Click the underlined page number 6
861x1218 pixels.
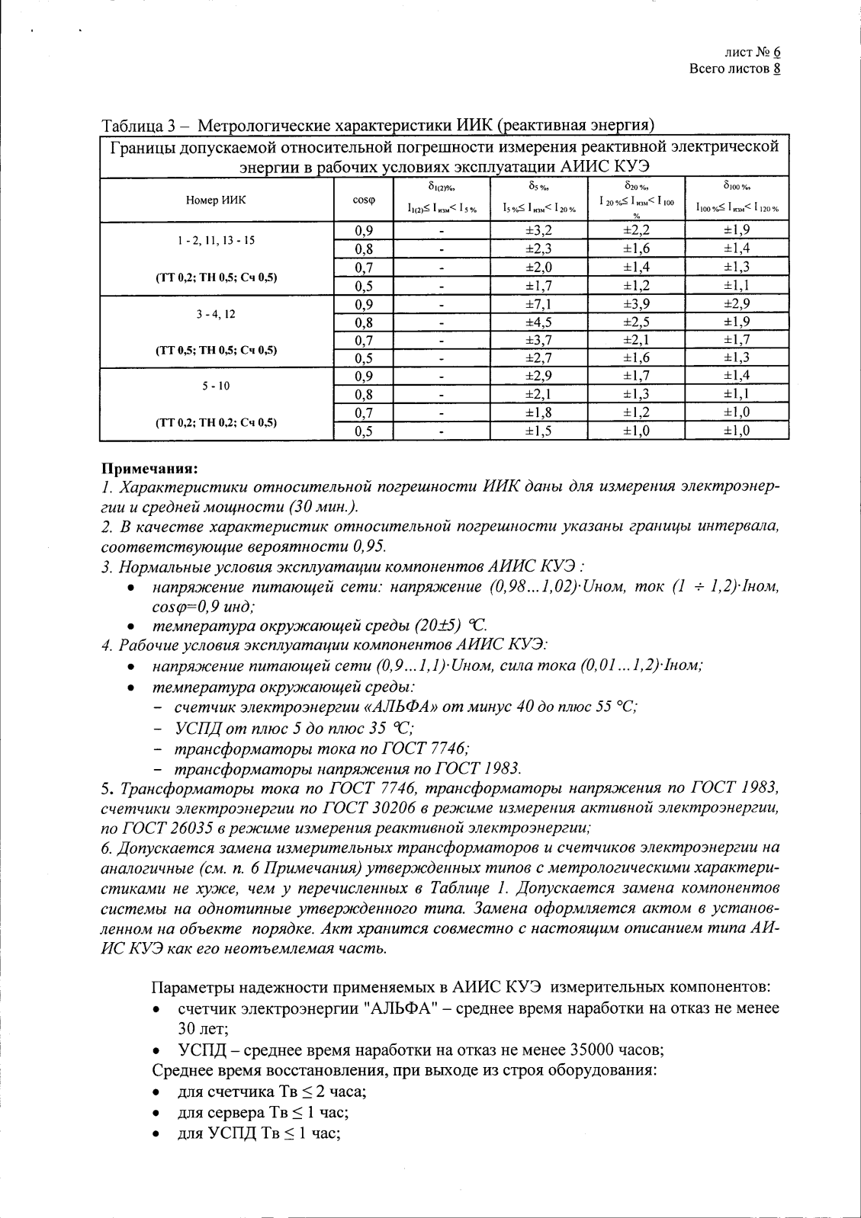pos(776,53)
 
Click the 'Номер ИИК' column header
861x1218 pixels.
pos(217,200)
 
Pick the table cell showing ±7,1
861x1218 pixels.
pos(539,304)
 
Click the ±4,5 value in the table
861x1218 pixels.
pos(539,322)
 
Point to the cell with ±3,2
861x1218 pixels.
pos(539,230)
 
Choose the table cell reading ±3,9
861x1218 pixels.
pos(636,304)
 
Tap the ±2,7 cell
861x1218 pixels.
pos(539,358)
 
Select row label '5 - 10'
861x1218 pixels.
pos(216,386)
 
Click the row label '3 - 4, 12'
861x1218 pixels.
pos(216,313)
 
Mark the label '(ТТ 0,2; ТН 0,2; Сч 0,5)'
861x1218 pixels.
pos(216,422)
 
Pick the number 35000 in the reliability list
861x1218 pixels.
pos(563,1050)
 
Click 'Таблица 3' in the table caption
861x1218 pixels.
pos(135,127)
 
